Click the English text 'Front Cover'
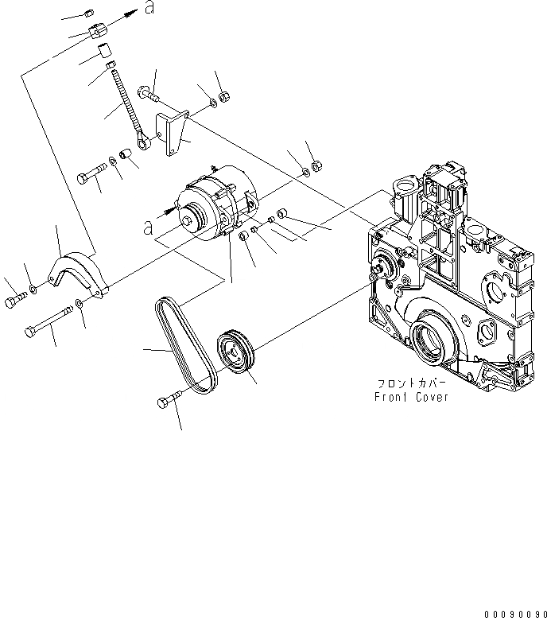click(x=413, y=397)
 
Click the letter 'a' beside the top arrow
click(x=149, y=9)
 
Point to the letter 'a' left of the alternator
click(x=146, y=227)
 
